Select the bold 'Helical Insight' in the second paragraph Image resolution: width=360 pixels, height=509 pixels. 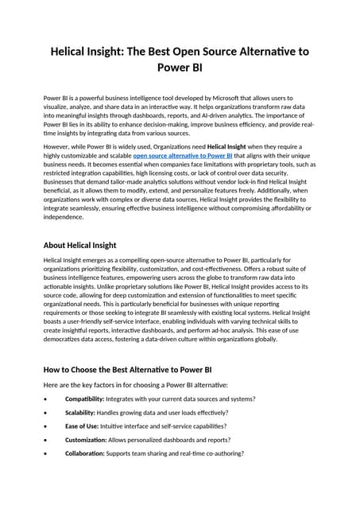point(233,147)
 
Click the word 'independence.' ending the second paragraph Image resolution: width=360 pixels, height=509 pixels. point(63,216)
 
